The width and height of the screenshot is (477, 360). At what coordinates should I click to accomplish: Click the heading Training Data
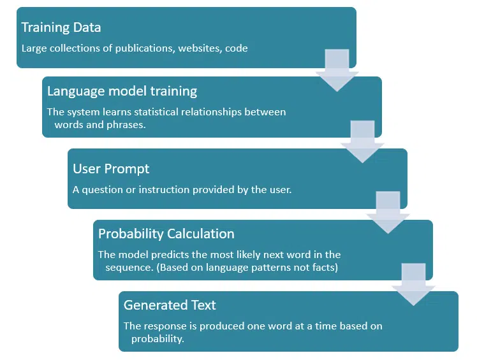(61, 27)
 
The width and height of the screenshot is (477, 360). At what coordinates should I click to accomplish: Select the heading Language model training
(122, 91)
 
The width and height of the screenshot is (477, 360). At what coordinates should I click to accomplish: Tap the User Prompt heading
(111, 169)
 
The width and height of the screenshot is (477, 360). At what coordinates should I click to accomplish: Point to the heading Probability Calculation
(166, 234)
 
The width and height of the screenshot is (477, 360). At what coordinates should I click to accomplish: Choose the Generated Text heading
(170, 305)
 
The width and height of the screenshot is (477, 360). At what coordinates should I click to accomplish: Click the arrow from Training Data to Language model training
(336, 69)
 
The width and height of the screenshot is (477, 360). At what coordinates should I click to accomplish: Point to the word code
(236, 48)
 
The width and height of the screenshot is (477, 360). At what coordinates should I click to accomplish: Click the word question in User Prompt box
(102, 189)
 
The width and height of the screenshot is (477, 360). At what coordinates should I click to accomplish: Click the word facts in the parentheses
(324, 267)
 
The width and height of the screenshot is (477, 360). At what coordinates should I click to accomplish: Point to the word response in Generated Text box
(163, 326)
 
